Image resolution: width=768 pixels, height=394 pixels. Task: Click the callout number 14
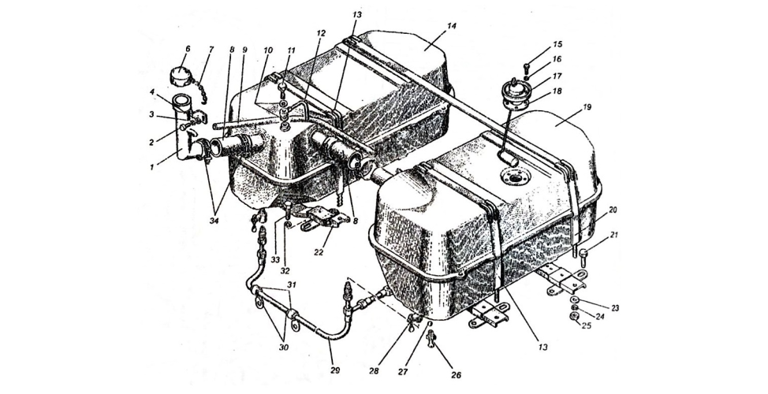(x=451, y=26)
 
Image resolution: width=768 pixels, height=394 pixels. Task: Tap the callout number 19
(x=587, y=106)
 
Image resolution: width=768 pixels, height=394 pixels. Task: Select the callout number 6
(x=188, y=49)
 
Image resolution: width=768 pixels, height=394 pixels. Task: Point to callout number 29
(x=336, y=370)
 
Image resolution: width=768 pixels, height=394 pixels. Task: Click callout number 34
(x=214, y=221)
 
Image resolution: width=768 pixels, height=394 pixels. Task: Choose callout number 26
(x=456, y=375)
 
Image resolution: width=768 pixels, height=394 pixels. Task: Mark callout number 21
(x=615, y=236)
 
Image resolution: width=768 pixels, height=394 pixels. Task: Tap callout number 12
(x=321, y=33)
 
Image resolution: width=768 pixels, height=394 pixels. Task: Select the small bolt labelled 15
(x=527, y=67)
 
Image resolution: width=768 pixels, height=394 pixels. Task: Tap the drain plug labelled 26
(x=431, y=337)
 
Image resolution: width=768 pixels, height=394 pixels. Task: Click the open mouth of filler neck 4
(x=181, y=98)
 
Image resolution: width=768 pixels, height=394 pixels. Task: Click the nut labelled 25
(x=573, y=316)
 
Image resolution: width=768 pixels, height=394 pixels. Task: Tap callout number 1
(x=152, y=167)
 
